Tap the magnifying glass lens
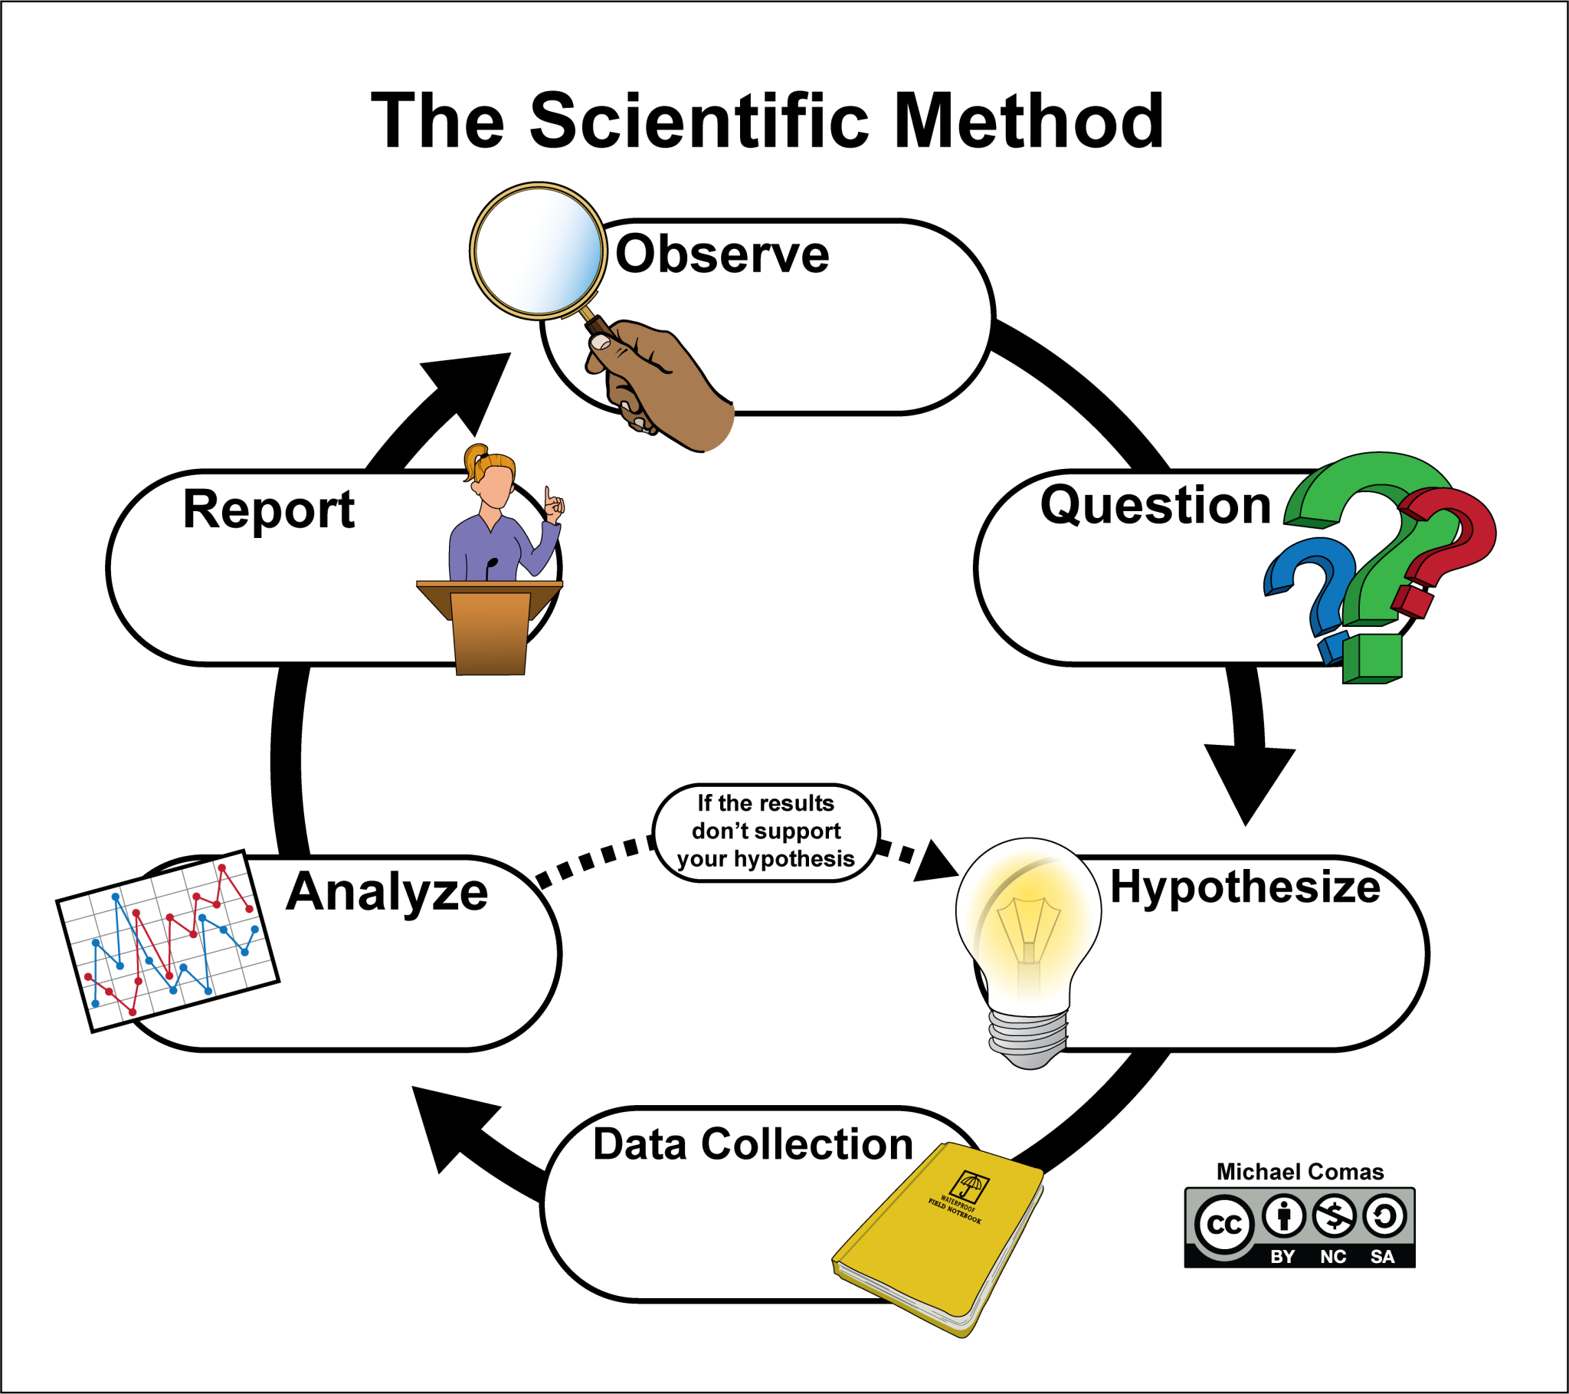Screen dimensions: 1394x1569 coord(538,251)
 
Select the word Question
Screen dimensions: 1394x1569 coord(1155,505)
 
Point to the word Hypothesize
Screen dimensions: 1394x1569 coord(1244,887)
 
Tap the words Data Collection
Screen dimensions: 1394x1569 coord(752,1144)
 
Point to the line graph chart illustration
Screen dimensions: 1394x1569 coord(167,942)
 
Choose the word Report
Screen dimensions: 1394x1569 coord(269,509)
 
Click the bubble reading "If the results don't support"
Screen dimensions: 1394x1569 coord(765,831)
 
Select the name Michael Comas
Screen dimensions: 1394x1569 coord(1299,1172)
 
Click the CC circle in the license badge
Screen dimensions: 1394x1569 coord(1223,1224)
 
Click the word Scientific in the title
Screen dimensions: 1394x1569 coord(699,120)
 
